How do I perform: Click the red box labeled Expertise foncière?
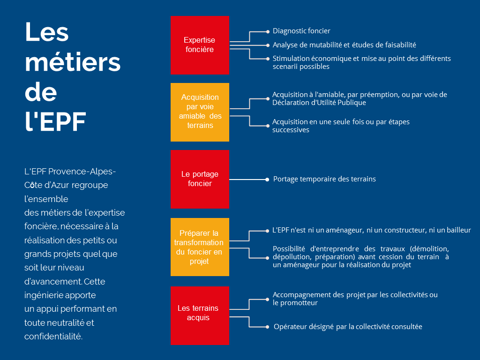pos(200,45)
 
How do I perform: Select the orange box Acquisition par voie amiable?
pos(200,112)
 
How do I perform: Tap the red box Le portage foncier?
pos(200,179)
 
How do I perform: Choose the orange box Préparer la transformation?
pos(200,247)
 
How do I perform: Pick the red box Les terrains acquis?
pos(200,315)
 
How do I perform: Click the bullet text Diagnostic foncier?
pos(301,31)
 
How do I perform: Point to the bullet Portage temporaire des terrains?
pos(324,179)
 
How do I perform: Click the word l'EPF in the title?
pos(55,121)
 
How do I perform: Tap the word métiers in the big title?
pos(73,62)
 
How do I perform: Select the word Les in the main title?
pos(47,32)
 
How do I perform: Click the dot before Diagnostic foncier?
pos(268,31)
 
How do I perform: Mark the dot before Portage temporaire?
pos(267,180)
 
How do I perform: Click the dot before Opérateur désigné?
pos(268,327)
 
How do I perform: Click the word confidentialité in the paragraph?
pos(53,337)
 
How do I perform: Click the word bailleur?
pos(458,230)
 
